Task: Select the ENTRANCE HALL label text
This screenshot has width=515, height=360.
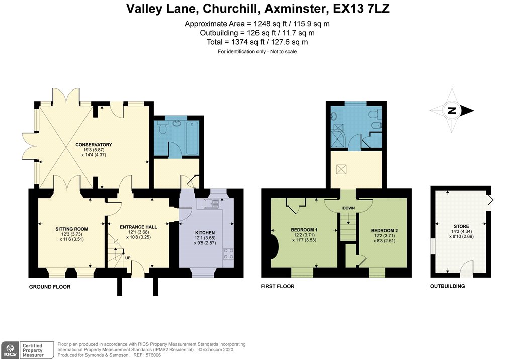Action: click(138, 227)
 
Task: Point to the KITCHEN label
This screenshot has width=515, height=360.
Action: click(205, 233)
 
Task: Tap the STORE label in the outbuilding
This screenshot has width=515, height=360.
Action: click(461, 226)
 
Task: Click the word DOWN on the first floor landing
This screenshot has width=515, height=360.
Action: click(349, 207)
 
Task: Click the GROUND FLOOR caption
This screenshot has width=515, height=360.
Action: click(49, 286)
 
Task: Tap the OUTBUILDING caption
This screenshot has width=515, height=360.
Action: click(447, 286)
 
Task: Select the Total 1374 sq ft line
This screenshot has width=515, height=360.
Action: click(257, 42)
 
